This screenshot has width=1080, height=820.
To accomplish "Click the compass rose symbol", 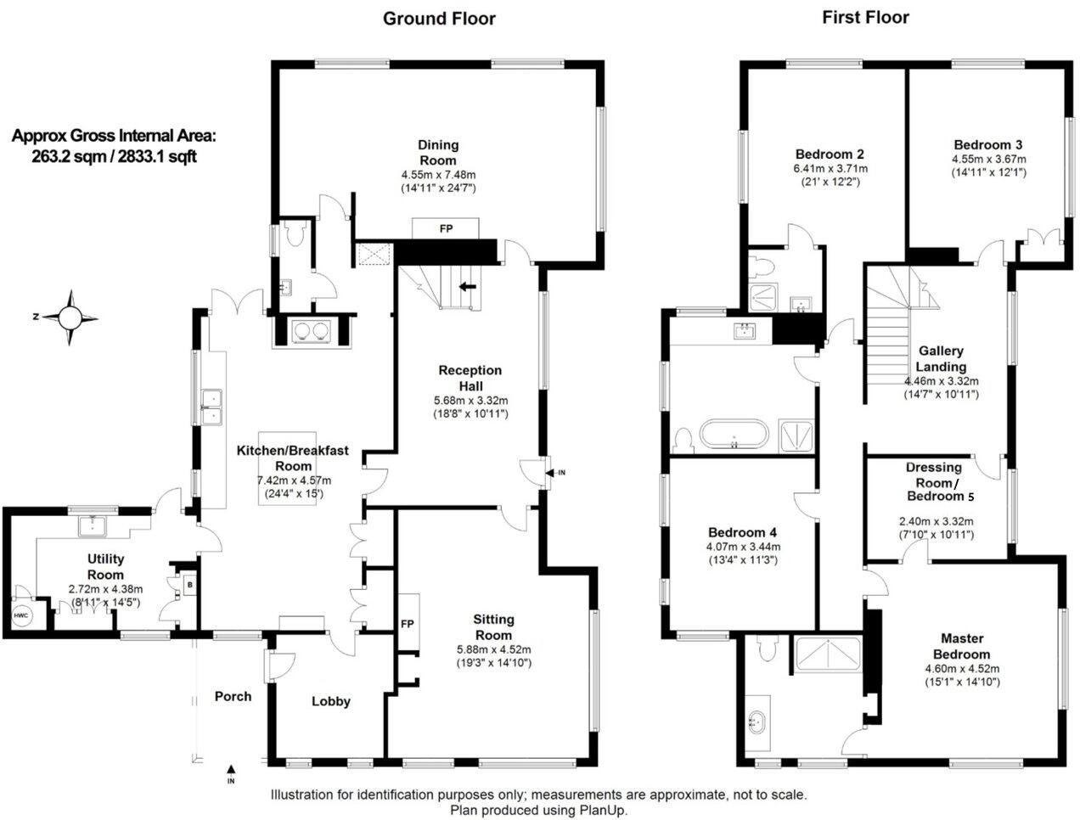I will tap(70, 317).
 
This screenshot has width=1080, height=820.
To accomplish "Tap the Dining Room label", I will tap(437, 153).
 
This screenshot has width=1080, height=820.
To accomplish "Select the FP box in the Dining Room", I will tap(446, 228).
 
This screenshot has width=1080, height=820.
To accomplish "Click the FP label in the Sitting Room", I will tap(408, 624).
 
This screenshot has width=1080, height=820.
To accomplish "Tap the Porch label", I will tap(233, 696).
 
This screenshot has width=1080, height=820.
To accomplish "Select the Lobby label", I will tap(330, 701).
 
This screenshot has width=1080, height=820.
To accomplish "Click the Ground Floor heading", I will tap(439, 19).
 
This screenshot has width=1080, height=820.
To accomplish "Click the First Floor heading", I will tap(865, 18).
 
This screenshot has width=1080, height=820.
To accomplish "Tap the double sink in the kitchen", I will tap(211, 406).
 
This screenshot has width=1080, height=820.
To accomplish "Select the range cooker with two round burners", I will tap(310, 331).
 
